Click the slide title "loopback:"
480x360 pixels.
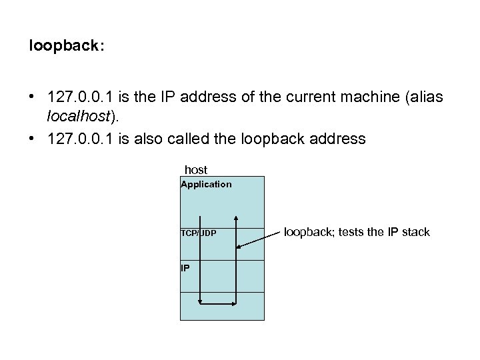pos(67,48)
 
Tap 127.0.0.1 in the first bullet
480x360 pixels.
pos(75,97)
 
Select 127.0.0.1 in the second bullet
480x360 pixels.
pos(75,139)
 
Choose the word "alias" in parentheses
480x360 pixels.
pos(424,97)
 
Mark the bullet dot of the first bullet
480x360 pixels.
pos(32,97)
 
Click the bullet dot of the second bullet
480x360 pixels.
pos(32,139)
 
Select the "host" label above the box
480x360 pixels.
pos(196,170)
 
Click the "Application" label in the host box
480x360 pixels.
pos(206,184)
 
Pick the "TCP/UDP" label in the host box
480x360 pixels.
pos(198,233)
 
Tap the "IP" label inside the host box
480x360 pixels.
pos(185,268)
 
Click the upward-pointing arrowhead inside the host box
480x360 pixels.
pos(235,218)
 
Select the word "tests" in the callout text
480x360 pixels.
pos(351,232)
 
